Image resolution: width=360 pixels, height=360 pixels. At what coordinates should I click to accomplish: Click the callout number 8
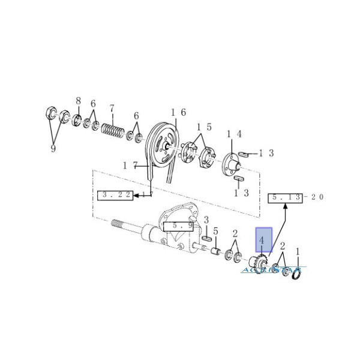point(78,100)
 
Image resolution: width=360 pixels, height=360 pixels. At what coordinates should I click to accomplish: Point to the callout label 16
point(178,112)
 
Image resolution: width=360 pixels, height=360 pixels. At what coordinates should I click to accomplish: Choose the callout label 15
point(205,127)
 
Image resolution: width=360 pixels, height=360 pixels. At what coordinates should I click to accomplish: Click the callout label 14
point(234,134)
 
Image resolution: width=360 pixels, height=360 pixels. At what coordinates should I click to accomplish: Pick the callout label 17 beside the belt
point(130,164)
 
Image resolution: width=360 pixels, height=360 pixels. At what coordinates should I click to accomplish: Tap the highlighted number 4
point(263,242)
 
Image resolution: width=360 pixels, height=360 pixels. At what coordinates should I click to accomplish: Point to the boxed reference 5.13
point(287,197)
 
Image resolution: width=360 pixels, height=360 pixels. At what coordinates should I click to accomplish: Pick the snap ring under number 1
point(295,273)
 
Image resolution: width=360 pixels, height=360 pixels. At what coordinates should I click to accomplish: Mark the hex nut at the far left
point(51,113)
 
